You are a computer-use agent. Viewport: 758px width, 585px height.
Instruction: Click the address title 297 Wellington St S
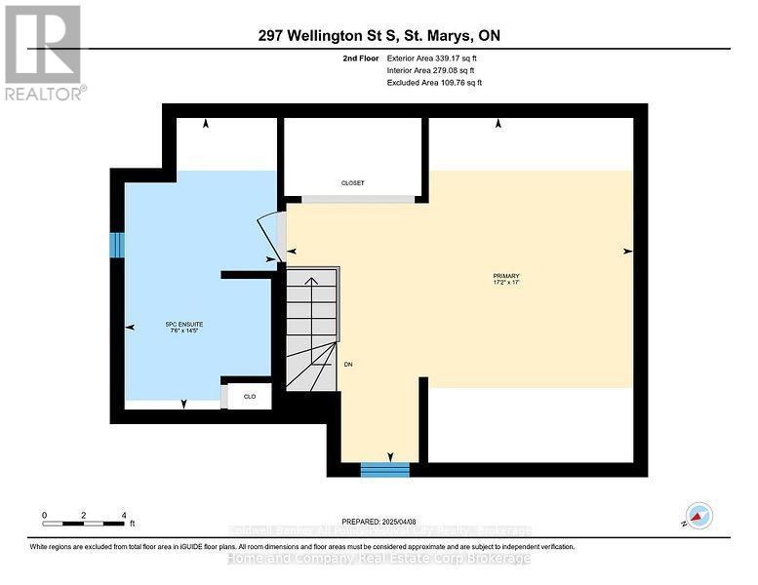pos(379,36)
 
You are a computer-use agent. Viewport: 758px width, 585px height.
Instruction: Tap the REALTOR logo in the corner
pos(44,53)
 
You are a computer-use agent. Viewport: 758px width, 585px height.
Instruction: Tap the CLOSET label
pos(352,182)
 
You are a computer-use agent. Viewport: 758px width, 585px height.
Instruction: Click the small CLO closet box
pos(250,396)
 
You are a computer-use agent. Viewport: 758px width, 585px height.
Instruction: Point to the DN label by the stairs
pos(347,364)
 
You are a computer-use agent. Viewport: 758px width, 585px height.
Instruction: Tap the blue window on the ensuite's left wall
pos(117,246)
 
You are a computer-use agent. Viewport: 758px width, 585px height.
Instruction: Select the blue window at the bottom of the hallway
pos(385,470)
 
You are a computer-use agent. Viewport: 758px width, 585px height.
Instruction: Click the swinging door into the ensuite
pos(267,238)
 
